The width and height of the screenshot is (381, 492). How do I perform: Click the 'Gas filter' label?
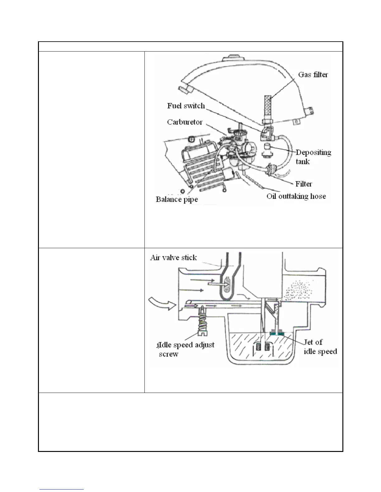click(313, 75)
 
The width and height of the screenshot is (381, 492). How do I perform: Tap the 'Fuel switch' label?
click(186, 106)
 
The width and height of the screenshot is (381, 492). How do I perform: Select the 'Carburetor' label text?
click(185, 122)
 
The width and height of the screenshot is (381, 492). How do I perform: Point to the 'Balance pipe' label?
click(176, 199)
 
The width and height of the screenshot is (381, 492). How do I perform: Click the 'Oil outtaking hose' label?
click(296, 196)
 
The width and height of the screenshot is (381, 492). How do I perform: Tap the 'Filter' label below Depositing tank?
click(303, 184)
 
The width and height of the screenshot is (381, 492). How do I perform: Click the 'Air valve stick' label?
click(173, 257)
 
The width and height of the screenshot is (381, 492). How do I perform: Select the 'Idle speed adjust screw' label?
click(186, 349)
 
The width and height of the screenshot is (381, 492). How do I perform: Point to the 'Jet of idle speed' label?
click(320, 347)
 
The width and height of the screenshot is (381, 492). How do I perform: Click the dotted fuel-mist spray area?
click(299, 290)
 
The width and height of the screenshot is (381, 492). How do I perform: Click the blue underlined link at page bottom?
click(62, 490)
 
